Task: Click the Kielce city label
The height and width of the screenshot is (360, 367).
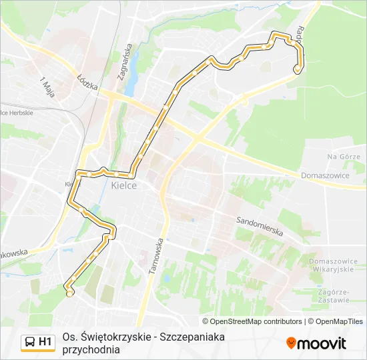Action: pos(123,185)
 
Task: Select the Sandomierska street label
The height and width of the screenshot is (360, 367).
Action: pos(260,227)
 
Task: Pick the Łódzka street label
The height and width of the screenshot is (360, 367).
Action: pos(87,83)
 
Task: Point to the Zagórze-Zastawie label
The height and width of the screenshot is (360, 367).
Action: pos(334,295)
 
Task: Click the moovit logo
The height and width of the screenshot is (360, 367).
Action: pos(316,343)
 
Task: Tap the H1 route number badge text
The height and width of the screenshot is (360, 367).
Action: pos(45,342)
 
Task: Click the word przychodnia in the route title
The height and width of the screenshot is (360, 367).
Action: pos(91,349)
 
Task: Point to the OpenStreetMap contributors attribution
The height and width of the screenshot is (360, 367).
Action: pos(252,321)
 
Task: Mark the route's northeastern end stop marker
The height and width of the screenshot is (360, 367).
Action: pos(297,69)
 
